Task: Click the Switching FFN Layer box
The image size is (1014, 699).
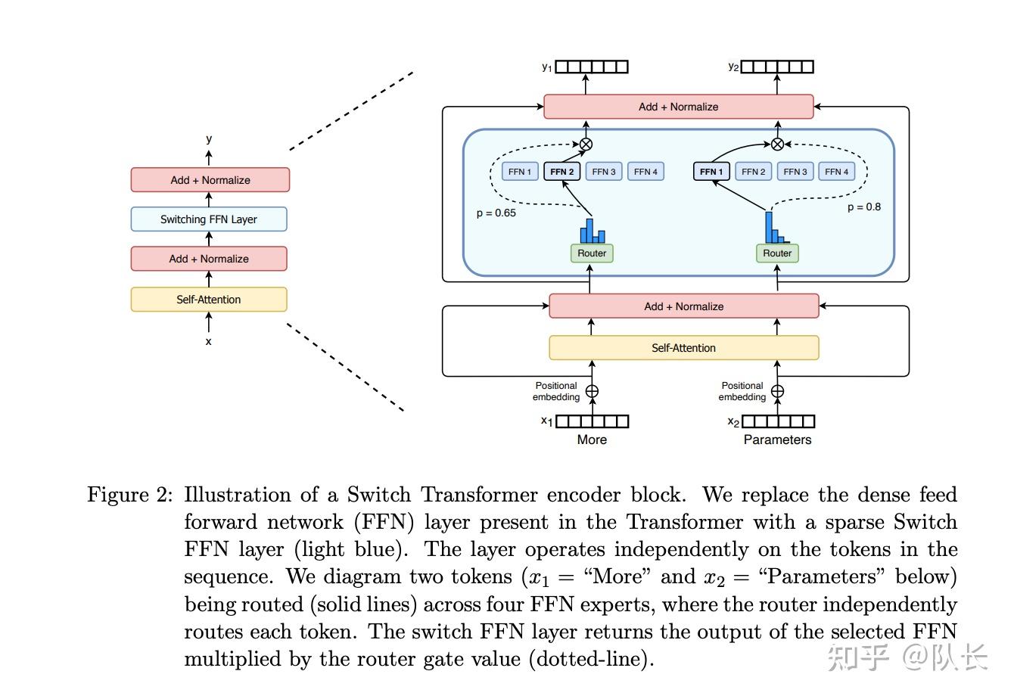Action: (x=209, y=219)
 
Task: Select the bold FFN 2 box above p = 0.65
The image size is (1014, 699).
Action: (x=561, y=172)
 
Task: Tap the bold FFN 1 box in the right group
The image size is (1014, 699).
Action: (x=711, y=172)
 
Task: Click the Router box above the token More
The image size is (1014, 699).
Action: (x=592, y=253)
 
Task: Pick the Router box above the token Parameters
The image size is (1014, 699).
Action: (x=777, y=253)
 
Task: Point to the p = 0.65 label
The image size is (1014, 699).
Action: (x=496, y=213)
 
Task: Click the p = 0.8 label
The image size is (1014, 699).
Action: (x=864, y=207)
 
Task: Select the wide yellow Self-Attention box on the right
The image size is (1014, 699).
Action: (x=683, y=347)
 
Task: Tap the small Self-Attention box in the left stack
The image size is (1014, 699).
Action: (x=209, y=299)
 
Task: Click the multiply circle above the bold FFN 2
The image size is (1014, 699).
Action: (x=586, y=144)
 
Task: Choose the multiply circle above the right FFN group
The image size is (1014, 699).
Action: (x=777, y=144)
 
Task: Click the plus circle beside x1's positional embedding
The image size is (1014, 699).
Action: (x=592, y=391)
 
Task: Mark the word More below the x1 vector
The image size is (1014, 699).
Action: (x=592, y=440)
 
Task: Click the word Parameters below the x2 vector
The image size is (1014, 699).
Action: (x=777, y=440)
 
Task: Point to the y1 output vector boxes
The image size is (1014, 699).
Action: (x=592, y=67)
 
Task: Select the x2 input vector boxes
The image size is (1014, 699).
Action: (x=778, y=421)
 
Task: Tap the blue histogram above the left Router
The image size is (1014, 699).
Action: (x=592, y=231)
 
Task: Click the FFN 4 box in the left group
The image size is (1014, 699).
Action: (x=645, y=172)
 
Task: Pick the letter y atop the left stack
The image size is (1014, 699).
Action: (x=209, y=139)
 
